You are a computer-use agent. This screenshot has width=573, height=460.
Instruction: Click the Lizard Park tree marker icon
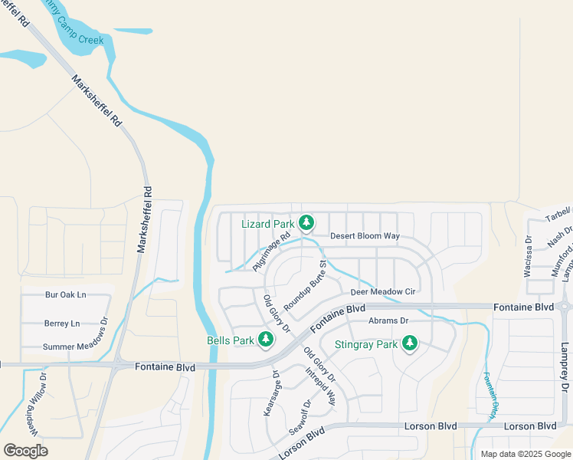pos(306,223)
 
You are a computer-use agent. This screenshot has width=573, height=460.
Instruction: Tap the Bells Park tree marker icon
pos(266,339)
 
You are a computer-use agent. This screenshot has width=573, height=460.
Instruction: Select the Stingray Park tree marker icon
pos(410,343)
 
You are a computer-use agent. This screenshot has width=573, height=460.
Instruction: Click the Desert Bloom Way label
pos(365,236)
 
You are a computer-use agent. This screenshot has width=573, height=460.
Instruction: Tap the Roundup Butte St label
pos(305,284)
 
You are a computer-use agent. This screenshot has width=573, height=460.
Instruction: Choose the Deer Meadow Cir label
pos(382,292)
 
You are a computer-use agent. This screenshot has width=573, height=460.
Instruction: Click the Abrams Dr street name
pos(388,321)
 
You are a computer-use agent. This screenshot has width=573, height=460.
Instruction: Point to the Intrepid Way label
pos(320,386)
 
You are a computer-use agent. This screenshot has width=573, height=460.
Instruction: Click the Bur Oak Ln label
pos(66,294)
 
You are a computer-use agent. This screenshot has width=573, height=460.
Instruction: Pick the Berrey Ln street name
pos(62,324)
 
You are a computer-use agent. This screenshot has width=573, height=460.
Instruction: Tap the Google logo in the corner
pos(25,451)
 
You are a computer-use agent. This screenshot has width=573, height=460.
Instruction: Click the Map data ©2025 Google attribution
pos(526,454)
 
